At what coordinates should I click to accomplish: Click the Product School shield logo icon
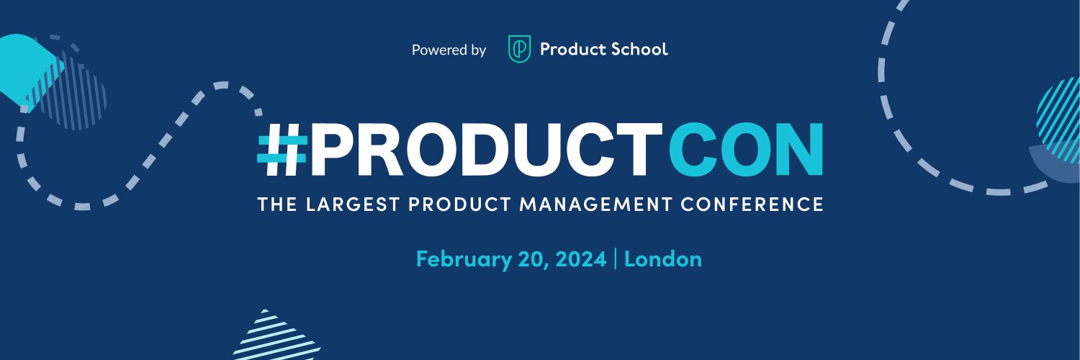(x=519, y=50)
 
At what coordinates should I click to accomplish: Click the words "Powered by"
(x=449, y=50)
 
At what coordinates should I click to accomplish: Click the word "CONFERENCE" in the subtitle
(x=765, y=204)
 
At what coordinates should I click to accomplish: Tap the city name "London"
(x=662, y=259)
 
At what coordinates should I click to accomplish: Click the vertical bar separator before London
(x=616, y=259)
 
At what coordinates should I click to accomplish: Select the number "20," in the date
(x=534, y=259)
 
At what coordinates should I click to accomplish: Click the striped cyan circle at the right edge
(x=1060, y=119)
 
